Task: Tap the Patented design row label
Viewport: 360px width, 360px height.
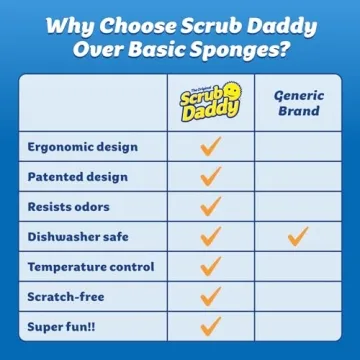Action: pyautogui.click(x=77, y=177)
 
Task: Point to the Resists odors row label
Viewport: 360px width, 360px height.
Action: pyautogui.click(x=70, y=207)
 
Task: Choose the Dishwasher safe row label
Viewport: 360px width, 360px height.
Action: pyautogui.click(x=79, y=237)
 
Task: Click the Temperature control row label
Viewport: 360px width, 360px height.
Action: pyautogui.click(x=90, y=267)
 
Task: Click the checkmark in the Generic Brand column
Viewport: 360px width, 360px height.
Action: pyautogui.click(x=297, y=237)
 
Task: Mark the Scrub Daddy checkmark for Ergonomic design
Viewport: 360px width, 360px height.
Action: pyautogui.click(x=210, y=147)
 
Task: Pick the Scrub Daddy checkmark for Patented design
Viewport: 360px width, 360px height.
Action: pyautogui.click(x=210, y=177)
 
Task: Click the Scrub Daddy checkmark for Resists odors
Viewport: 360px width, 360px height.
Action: pyautogui.click(x=210, y=207)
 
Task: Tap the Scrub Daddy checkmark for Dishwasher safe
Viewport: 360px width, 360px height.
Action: pyautogui.click(x=210, y=237)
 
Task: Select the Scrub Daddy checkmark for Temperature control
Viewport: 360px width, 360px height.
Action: pyautogui.click(x=210, y=267)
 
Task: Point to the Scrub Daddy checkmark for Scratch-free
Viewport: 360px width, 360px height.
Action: pyautogui.click(x=210, y=297)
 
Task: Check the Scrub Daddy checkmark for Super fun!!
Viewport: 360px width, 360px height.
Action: pyautogui.click(x=210, y=327)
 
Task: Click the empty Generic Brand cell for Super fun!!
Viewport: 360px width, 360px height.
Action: pyautogui.click(x=297, y=327)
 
